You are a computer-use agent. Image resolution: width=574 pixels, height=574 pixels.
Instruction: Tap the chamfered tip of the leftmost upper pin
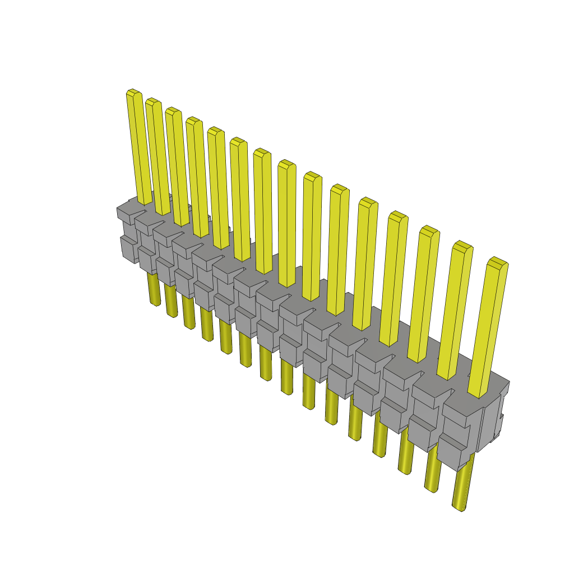[x=132, y=92]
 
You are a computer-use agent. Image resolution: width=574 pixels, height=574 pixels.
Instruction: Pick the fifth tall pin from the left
[x=219, y=188]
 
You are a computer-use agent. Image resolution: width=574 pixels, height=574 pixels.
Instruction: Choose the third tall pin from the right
[x=420, y=294]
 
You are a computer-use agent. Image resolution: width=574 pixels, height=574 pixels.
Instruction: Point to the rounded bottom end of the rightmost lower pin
[x=459, y=507]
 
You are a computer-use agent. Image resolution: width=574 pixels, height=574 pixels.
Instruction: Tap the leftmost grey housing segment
[x=128, y=235]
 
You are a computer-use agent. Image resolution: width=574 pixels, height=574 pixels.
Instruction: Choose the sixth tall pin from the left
[x=240, y=199]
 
